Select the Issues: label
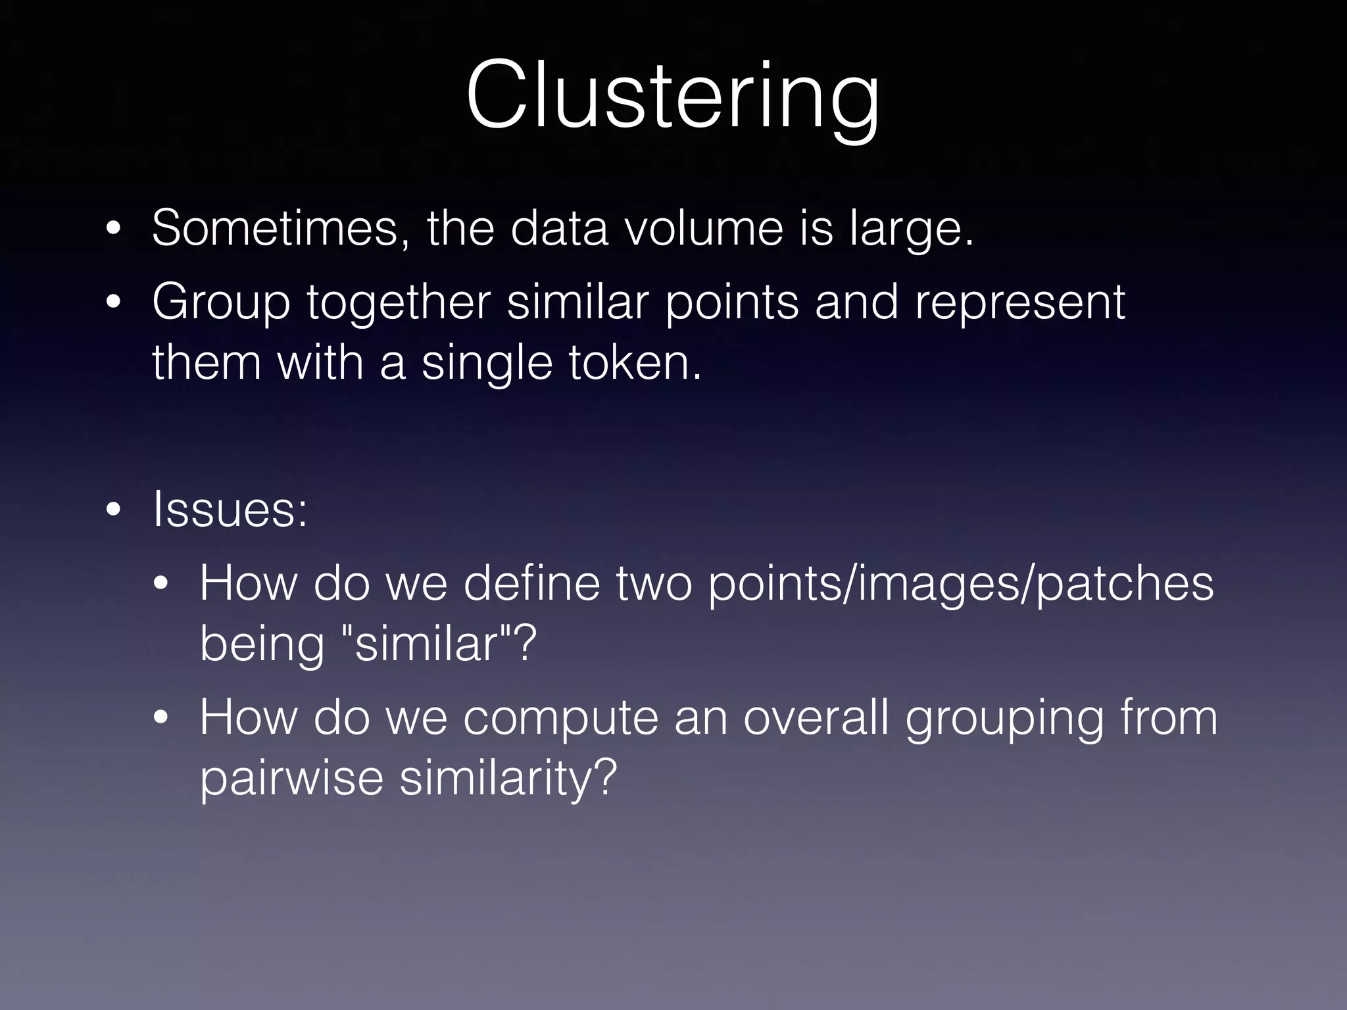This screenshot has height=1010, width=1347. tap(230, 510)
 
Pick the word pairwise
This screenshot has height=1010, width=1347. tap(291, 778)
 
